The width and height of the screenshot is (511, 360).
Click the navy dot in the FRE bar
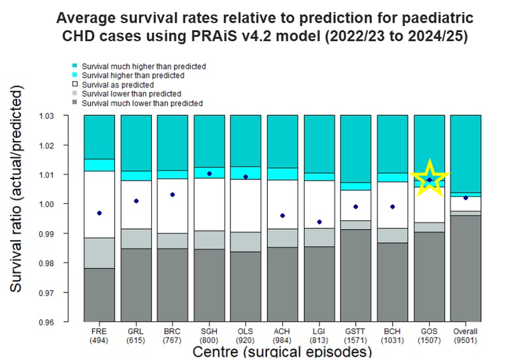(99, 213)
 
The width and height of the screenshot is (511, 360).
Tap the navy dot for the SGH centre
(209, 174)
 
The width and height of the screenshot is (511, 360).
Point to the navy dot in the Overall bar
(465, 198)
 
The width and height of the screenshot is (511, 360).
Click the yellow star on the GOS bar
(429, 179)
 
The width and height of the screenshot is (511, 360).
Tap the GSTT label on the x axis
(356, 332)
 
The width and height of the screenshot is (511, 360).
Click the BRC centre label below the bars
(172, 332)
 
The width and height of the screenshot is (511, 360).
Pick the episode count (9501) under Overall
(465, 341)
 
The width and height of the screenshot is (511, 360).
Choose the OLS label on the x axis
(246, 332)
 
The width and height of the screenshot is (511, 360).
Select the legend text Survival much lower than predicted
(142, 103)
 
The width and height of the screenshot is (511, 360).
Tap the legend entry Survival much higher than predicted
(143, 66)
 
